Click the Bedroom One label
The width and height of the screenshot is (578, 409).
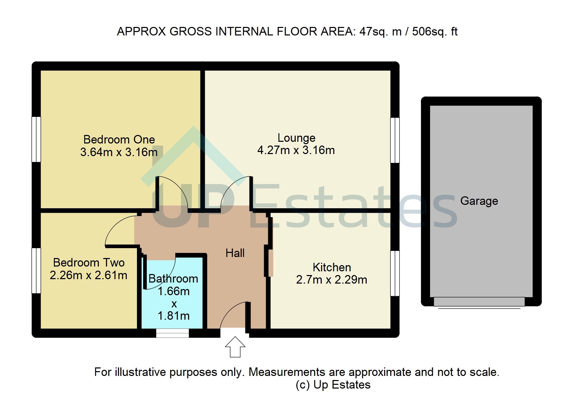[119, 139]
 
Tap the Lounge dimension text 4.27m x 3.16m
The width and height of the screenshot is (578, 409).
[296, 150]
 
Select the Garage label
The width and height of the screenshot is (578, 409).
[479, 201]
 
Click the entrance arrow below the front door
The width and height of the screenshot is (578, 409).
[235, 347]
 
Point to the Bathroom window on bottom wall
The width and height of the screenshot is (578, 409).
[172, 333]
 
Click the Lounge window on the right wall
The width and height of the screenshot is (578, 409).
[395, 140]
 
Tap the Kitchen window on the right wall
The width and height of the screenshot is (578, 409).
[395, 273]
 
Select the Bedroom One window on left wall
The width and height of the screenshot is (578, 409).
[36, 139]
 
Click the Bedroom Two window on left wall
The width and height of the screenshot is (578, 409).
[36, 270]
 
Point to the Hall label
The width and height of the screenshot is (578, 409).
[235, 253]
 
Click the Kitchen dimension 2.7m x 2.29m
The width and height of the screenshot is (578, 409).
[331, 280]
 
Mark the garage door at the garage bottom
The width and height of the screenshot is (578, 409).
[479, 302]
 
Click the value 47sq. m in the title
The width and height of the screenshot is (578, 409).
[380, 32]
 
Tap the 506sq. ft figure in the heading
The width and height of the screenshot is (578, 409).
[435, 32]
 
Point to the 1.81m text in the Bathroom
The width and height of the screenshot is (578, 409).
[173, 316]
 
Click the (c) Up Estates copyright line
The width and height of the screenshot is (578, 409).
[333, 385]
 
